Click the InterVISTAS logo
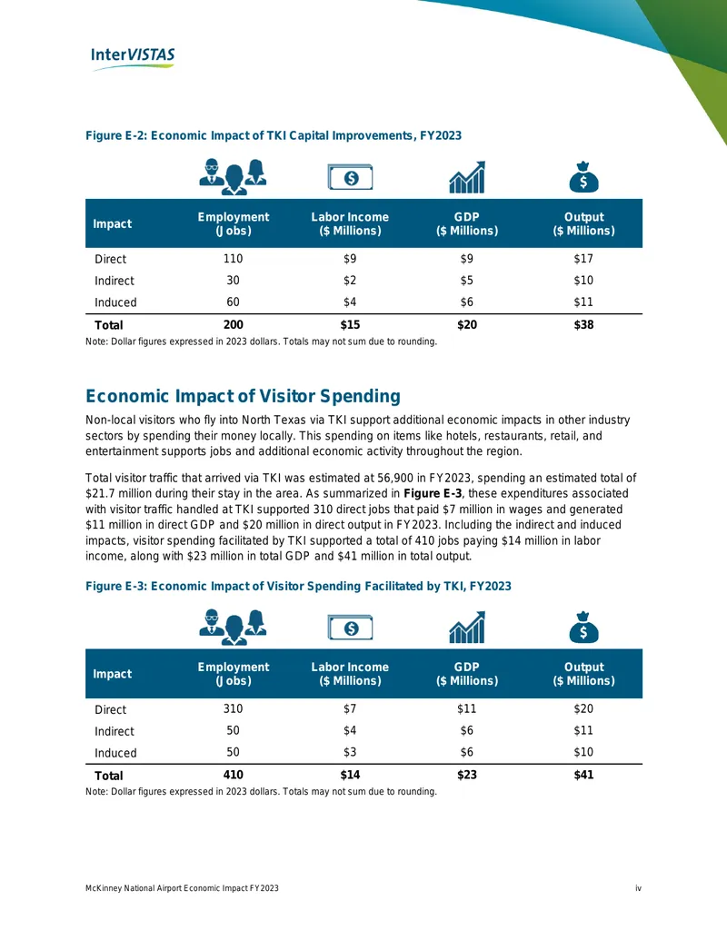pos(133,58)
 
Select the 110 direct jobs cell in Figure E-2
pos(233,258)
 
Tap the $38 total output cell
pos(583,324)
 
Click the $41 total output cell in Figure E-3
pos(583,775)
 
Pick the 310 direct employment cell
pos(233,708)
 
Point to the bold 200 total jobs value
pos(234,324)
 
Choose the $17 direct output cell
pos(583,258)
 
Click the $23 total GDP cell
pos(467,775)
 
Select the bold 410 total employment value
pos(234,775)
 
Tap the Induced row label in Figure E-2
pos(115,302)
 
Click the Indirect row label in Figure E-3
pos(115,731)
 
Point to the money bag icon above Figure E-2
pos(583,177)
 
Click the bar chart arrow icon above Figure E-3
pos(467,627)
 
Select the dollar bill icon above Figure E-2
pos(350,177)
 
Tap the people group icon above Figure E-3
pos(234,627)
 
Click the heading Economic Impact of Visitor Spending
pos(243,396)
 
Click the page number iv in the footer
pos(638,888)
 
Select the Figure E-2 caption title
pos(274,135)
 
